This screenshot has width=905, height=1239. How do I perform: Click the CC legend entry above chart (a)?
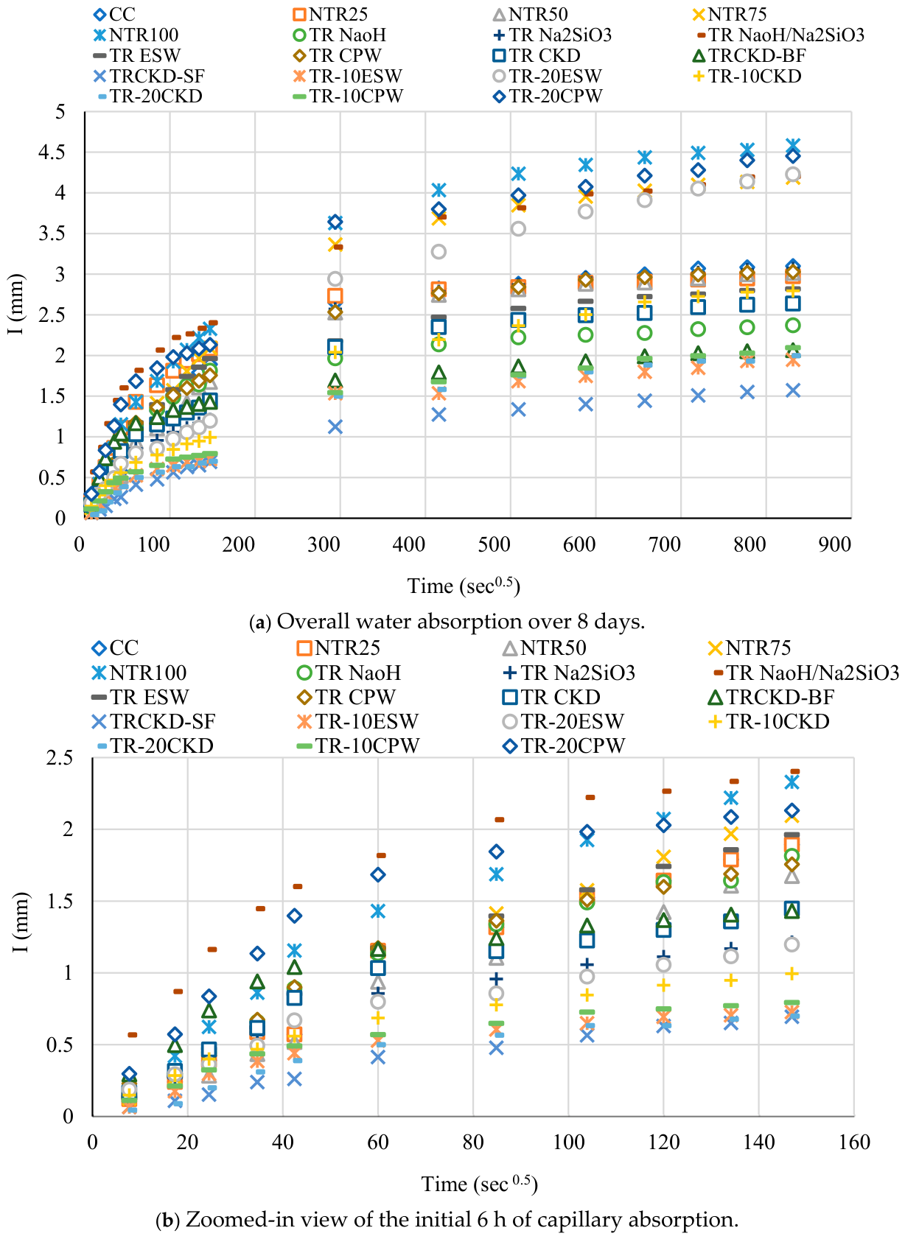click(x=115, y=15)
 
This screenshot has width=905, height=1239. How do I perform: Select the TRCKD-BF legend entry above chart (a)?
click(x=749, y=55)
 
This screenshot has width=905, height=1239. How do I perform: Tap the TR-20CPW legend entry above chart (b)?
click(x=565, y=745)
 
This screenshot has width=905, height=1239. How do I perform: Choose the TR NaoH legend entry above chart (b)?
click(x=349, y=673)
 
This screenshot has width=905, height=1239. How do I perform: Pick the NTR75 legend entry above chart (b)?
click(x=749, y=647)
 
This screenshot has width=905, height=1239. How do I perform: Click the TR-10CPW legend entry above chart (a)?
click(x=348, y=96)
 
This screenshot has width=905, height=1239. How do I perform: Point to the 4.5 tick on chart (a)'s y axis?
click(x=52, y=152)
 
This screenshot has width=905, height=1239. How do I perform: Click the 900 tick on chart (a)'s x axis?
click(x=835, y=544)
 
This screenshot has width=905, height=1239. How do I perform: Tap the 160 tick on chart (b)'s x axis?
click(x=854, y=1142)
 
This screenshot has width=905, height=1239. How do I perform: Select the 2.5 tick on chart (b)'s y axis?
click(x=59, y=757)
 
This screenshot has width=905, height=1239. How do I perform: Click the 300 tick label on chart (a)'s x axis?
click(x=324, y=544)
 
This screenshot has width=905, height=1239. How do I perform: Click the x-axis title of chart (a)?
click(x=464, y=585)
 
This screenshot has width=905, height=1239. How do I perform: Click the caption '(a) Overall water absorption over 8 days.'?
click(x=447, y=621)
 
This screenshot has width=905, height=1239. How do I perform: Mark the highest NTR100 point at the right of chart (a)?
click(x=793, y=145)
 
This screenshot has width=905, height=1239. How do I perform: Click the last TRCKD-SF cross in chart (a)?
click(x=793, y=390)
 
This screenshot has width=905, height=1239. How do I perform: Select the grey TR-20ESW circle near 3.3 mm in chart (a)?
click(x=438, y=252)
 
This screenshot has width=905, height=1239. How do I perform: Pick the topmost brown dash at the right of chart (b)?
click(x=795, y=771)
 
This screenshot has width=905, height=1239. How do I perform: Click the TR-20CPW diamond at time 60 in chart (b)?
click(x=378, y=874)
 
